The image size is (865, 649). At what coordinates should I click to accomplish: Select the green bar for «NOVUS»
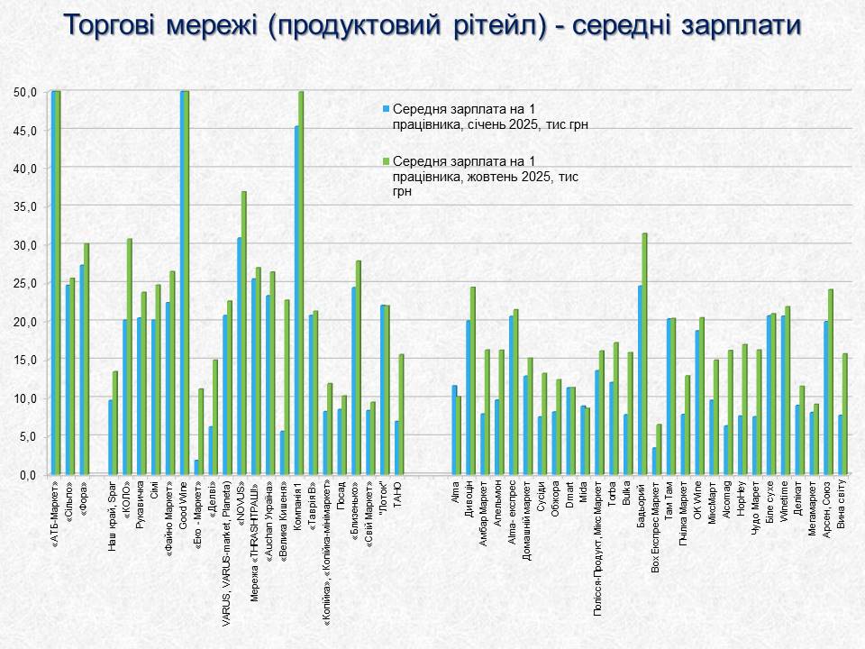[244, 333]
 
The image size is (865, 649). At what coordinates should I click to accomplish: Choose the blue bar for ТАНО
[396, 447]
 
